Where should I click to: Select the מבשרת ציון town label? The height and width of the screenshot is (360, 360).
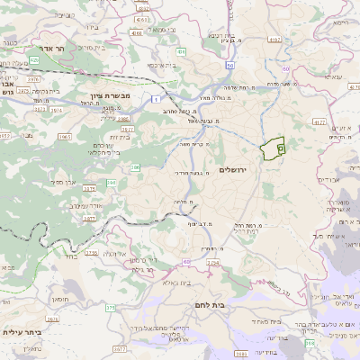109,96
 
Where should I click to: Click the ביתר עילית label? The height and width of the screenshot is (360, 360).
22,331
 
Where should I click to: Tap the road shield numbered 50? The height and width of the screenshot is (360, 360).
230,66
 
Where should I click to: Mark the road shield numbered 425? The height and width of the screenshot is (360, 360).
33,59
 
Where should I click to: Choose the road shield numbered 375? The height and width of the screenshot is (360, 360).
111,308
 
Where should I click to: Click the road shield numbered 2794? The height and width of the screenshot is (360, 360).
212,262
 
